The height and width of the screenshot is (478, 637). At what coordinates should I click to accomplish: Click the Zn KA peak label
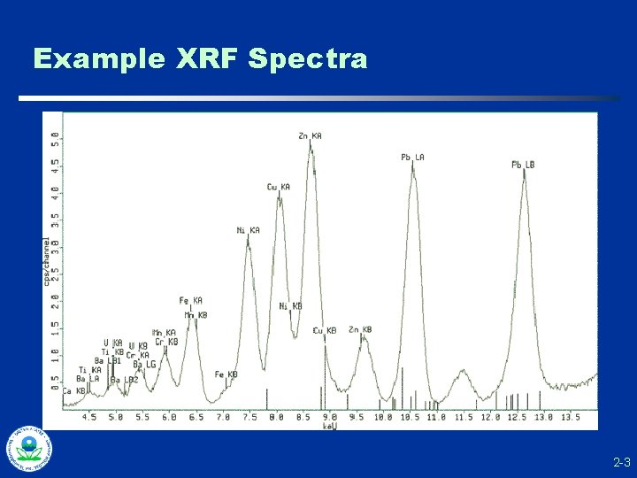(x=310, y=135)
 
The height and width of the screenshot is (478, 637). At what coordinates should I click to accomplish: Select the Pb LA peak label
(x=412, y=158)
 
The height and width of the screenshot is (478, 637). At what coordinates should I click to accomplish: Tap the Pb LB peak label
(x=523, y=165)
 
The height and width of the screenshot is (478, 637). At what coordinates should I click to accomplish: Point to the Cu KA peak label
(x=278, y=187)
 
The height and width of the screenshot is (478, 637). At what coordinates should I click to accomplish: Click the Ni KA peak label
(x=248, y=230)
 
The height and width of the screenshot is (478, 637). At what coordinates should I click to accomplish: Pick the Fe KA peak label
(x=190, y=300)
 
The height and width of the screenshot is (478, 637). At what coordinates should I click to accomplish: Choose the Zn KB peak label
(x=360, y=329)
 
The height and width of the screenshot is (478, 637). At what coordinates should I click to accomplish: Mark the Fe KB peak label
(x=226, y=374)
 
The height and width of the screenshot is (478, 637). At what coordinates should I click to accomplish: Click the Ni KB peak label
(x=290, y=306)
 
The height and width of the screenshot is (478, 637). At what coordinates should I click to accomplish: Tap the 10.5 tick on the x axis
(x=410, y=416)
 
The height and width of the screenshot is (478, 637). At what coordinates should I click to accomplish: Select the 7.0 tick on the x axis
(x=223, y=416)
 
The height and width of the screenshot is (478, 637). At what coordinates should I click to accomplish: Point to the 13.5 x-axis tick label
(x=571, y=416)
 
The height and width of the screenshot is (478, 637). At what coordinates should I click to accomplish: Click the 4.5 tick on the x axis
(x=89, y=416)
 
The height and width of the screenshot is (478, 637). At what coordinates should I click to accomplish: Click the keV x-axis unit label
(x=330, y=426)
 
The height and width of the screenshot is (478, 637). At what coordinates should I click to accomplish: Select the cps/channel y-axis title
(x=47, y=261)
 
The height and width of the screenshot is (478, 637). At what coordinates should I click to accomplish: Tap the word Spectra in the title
(x=308, y=59)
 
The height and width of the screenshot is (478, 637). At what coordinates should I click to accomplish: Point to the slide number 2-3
(x=620, y=462)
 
